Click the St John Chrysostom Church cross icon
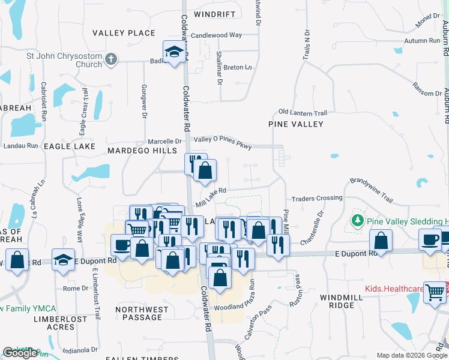[110, 59]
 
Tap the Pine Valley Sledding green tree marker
[358, 220]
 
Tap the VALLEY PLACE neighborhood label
[124, 33]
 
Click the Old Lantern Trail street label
[303, 113]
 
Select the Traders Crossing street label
[316, 198]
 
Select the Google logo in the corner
[20, 353]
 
